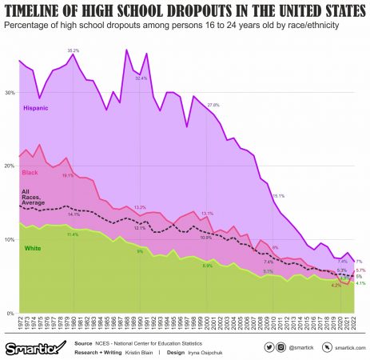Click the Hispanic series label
click(x=38, y=106)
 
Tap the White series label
click(x=32, y=249)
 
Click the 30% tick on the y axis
click(x=10, y=93)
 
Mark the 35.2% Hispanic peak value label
click(x=73, y=50)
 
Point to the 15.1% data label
click(x=279, y=195)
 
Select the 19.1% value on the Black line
click(x=68, y=175)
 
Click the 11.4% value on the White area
click(x=72, y=234)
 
